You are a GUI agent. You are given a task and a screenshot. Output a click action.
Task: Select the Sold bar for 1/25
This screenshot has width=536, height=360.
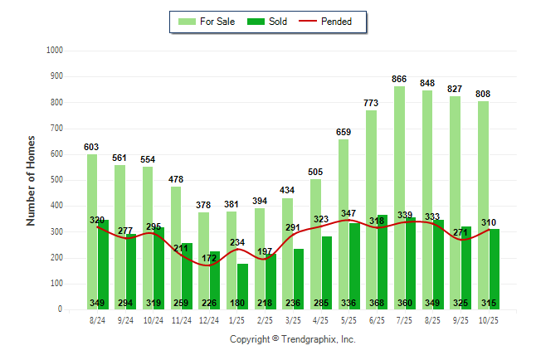(x=242, y=282)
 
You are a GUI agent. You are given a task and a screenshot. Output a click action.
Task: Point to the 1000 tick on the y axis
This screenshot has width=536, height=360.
(x=54, y=51)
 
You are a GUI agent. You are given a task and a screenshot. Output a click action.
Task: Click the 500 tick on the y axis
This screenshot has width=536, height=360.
(x=56, y=180)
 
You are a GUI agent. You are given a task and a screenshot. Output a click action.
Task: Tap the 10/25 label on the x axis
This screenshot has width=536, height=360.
(x=488, y=320)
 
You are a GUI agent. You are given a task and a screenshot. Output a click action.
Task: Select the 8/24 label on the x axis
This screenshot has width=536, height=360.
(x=97, y=320)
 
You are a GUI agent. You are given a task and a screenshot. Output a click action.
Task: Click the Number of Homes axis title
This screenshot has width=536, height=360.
(x=31, y=180)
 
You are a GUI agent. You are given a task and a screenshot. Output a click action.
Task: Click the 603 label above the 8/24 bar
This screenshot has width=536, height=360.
(x=91, y=147)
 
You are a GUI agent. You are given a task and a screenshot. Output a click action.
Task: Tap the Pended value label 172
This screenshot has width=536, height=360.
(x=209, y=259)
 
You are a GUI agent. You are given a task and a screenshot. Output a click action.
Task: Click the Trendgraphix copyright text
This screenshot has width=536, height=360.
(x=292, y=339)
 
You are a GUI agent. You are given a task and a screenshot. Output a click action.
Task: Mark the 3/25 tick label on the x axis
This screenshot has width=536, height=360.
(x=293, y=320)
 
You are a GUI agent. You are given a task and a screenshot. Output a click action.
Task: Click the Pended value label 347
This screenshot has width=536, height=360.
(x=349, y=214)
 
